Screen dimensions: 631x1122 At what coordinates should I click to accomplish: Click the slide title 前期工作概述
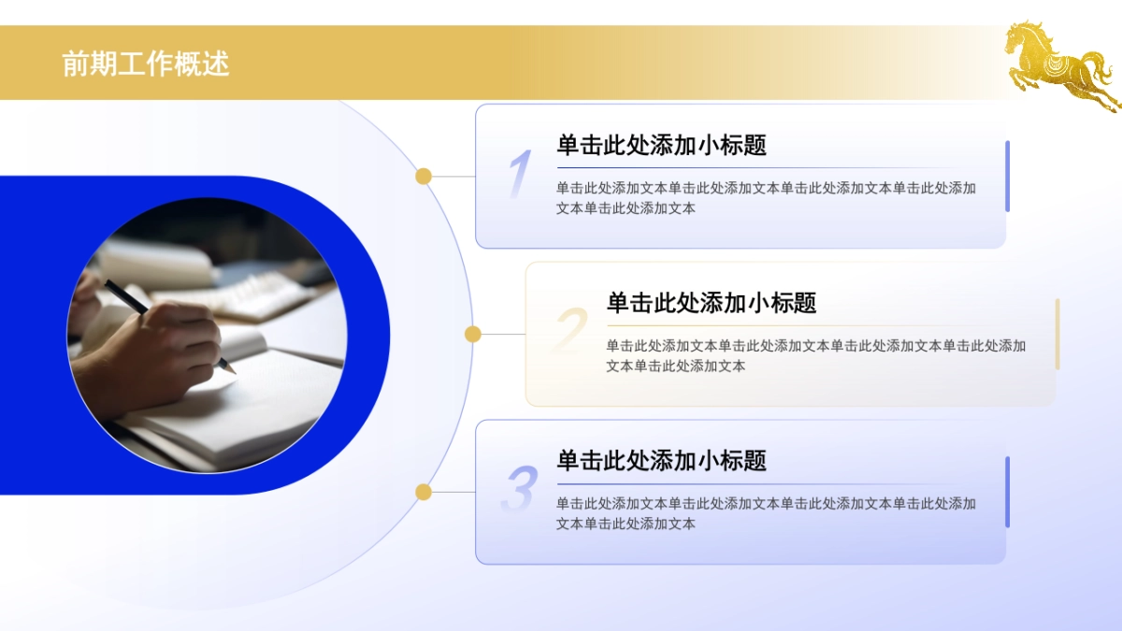click(146, 64)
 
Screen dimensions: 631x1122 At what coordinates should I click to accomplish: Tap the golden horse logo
click(1060, 65)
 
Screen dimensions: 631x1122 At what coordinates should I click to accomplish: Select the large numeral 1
click(520, 175)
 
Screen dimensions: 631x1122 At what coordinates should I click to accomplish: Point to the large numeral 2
click(570, 332)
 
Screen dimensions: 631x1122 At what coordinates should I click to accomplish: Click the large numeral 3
click(520, 490)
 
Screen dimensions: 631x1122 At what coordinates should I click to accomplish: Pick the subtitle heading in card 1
click(661, 145)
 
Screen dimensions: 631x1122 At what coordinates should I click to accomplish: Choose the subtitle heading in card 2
click(711, 303)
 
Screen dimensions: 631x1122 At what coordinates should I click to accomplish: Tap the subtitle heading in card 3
click(661, 461)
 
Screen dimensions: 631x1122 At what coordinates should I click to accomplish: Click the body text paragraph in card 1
click(766, 198)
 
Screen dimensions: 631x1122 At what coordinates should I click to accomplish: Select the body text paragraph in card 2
click(815, 356)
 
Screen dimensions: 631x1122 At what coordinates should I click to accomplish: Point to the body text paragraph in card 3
click(766, 513)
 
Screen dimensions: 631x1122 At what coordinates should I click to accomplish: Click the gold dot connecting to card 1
click(424, 176)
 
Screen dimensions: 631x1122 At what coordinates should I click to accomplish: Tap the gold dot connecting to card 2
click(473, 334)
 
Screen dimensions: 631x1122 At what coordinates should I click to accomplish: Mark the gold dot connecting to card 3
click(424, 492)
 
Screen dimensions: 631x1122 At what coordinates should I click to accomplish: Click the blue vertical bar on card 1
click(1007, 176)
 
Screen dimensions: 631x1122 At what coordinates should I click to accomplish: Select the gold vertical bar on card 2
click(1057, 334)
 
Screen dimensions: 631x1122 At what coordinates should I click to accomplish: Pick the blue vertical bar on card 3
click(1007, 492)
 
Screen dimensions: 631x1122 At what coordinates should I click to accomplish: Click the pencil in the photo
click(168, 323)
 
